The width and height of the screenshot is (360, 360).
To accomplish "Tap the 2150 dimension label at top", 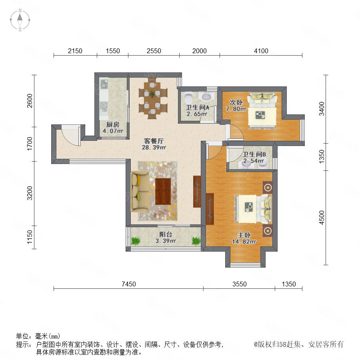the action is click(x=75, y=51).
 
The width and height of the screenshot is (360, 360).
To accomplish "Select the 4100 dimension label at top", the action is click(x=261, y=51).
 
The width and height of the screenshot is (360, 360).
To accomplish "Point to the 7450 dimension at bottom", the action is click(x=128, y=284).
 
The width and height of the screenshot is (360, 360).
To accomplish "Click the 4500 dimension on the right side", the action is click(x=322, y=218).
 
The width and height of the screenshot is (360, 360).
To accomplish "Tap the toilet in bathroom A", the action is click(x=188, y=98).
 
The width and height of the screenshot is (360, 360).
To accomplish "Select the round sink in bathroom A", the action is click(x=206, y=97).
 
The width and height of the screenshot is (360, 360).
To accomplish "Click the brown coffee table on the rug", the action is click(x=163, y=191).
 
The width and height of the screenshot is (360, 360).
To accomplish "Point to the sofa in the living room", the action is click(x=139, y=191).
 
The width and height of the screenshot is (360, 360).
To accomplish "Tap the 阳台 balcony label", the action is click(x=166, y=234).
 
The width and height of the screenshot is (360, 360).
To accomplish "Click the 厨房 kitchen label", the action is click(x=113, y=125).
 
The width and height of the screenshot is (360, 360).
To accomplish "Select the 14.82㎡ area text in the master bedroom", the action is click(x=244, y=242).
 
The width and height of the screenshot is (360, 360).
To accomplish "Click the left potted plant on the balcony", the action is click(x=136, y=241).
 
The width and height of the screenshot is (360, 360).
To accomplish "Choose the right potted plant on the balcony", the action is click(x=196, y=241).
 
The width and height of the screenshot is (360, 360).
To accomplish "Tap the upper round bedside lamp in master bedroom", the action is click(x=268, y=188).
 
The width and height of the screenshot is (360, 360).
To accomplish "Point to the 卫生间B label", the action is click(x=254, y=154).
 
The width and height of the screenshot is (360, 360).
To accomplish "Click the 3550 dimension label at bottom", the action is click(x=240, y=284).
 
